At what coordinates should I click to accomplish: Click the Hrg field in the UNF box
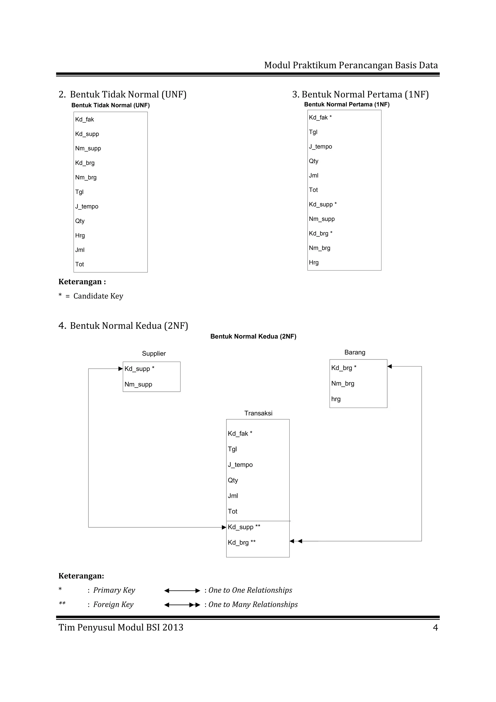80,235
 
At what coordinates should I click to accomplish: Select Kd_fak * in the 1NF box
320,117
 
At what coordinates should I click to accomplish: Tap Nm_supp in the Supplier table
138,384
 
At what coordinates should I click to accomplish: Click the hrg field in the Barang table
336,399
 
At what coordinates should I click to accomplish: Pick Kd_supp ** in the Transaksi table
244,527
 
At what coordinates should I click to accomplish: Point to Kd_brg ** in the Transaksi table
241,542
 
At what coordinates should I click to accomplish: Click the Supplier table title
154,353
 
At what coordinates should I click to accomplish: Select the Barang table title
355,352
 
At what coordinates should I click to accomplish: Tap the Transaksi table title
258,413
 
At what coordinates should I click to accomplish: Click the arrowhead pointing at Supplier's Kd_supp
120,369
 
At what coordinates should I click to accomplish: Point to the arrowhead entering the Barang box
390,366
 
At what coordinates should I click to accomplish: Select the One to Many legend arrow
182,605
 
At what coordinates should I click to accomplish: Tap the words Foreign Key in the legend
113,604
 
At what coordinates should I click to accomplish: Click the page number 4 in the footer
435,628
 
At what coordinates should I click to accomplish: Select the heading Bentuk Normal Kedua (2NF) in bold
253,336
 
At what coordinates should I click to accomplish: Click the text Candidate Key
98,296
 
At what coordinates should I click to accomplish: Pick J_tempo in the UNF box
87,206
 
